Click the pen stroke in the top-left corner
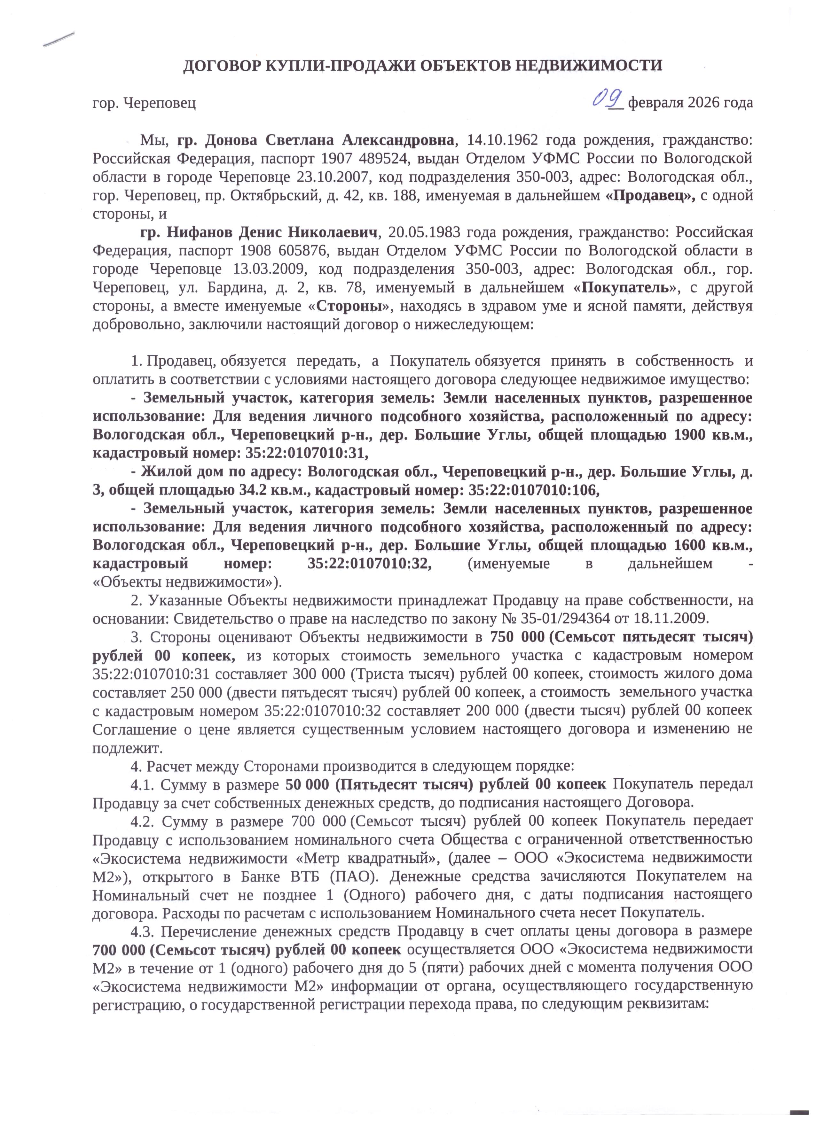point(59,40)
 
